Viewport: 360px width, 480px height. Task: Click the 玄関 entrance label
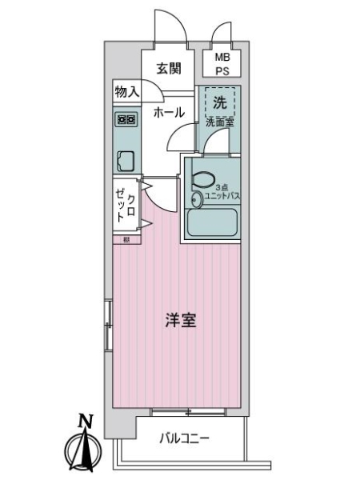168,68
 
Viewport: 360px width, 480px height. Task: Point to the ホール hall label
169,112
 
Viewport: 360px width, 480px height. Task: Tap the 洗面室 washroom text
218,123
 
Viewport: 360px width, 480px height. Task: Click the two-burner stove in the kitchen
126,119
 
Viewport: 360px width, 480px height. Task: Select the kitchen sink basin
125,161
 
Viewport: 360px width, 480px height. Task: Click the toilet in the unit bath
202,181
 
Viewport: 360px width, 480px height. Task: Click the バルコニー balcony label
183,438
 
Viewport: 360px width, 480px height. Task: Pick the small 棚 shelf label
126,239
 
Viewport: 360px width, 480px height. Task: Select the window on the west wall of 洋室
108,324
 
